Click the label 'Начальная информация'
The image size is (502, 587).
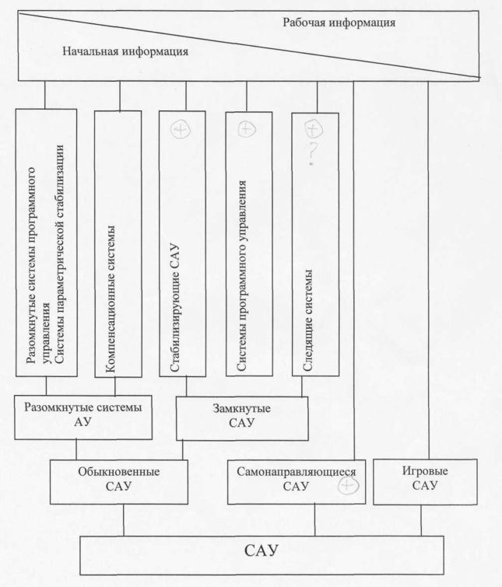click(125, 52)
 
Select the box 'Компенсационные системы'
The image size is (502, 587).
click(117, 243)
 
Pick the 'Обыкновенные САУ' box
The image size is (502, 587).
click(121, 480)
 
